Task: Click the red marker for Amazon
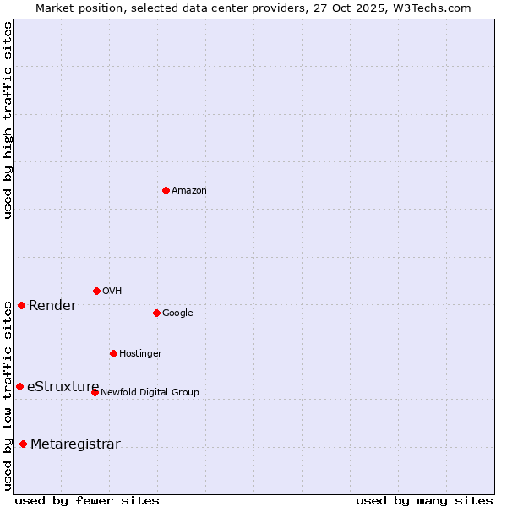pos(166,190)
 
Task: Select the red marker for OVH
pos(96,291)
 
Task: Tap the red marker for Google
pos(156,313)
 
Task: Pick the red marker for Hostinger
pos(113,353)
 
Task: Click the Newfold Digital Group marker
pos(95,392)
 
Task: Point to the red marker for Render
pos(21,305)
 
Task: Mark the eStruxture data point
pos(19,386)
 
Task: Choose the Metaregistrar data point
pos(23,444)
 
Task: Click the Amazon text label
pos(189,191)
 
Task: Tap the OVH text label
pos(112,292)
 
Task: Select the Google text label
pos(177,313)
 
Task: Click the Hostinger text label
pos(140,354)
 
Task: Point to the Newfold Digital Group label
pos(150,393)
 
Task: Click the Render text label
pos(52,306)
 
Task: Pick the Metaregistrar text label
pos(75,444)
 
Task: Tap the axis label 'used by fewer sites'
pos(87,500)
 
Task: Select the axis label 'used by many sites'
pos(424,500)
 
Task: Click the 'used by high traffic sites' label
pos(8,120)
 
